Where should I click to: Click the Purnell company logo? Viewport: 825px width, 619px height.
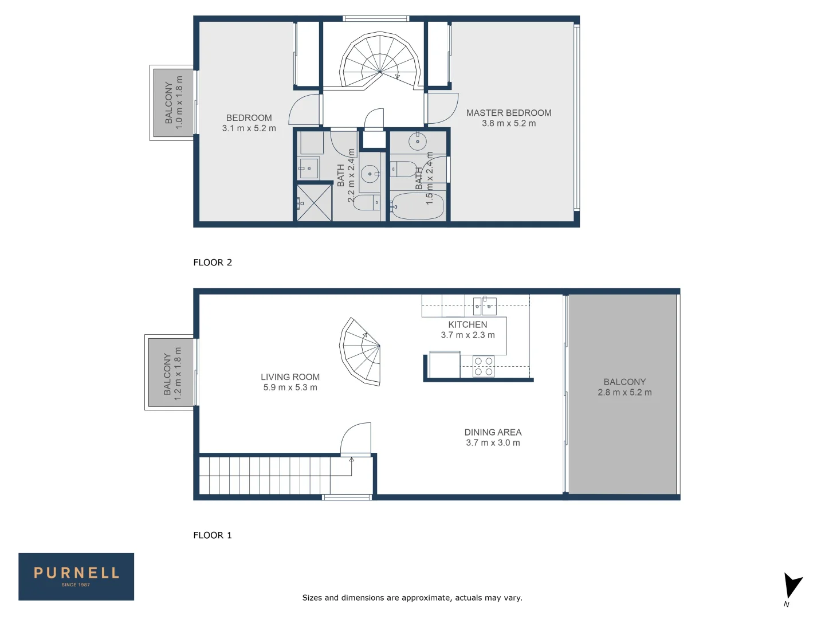76,577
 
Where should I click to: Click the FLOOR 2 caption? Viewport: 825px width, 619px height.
213,263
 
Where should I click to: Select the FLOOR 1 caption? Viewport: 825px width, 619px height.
213,535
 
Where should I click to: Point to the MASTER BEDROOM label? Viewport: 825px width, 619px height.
509,113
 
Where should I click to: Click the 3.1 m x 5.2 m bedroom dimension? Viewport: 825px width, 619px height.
249,128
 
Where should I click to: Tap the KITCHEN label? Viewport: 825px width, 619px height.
467,324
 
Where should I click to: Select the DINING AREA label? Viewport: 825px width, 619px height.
493,432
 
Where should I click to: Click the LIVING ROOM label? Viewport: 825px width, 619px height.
290,377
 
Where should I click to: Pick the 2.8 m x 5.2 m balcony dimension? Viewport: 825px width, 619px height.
624,393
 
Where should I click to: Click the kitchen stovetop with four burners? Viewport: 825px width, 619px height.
484,366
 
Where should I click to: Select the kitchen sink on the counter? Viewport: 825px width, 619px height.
485,306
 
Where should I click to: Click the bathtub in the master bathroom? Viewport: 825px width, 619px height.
418,206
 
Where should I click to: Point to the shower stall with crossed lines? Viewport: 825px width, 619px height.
315,203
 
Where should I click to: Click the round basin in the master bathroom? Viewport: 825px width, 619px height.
417,141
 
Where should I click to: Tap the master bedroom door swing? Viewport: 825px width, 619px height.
442,108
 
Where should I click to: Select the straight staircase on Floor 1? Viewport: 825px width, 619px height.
275,475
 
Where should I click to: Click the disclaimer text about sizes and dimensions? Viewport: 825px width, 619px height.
412,598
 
